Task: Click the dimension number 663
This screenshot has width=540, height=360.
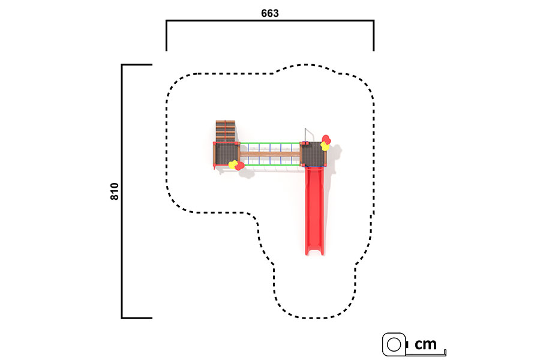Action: (269, 13)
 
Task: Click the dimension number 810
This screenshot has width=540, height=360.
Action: (115, 191)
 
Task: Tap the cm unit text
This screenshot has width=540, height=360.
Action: (425, 344)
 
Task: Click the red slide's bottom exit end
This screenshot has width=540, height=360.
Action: (314, 253)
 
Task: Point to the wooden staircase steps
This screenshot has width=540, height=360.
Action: (225, 131)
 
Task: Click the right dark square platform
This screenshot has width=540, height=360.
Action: (313, 154)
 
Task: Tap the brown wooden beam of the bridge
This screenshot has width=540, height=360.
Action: (269, 154)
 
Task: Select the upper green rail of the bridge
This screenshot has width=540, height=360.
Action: (269, 143)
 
